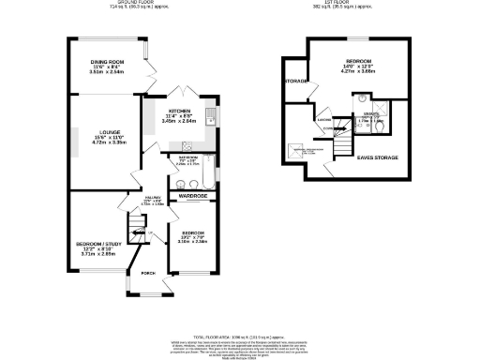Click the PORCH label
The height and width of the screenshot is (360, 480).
pos(148,275)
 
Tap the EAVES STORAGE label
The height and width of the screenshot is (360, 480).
pos(378,157)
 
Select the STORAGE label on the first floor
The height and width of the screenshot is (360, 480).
pos(296,81)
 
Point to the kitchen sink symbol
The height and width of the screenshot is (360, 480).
pos(214,116)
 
